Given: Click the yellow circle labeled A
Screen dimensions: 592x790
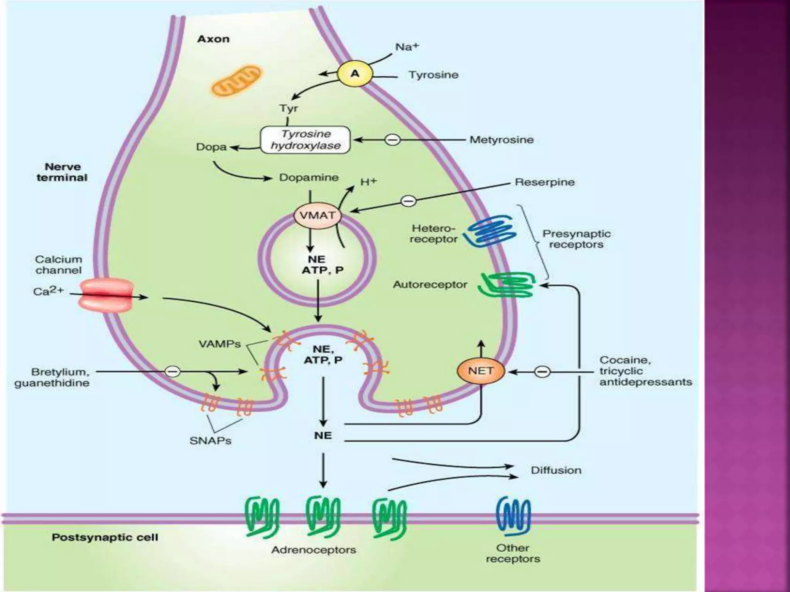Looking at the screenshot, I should point(354,73).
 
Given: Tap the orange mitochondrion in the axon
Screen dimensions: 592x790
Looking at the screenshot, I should point(236,81).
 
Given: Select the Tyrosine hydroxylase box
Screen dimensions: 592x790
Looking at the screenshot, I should point(306,140).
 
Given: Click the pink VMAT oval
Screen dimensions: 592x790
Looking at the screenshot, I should point(317,215).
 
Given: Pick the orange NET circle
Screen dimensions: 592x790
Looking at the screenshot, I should point(481,371).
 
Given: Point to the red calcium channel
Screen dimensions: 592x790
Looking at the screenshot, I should point(106,295).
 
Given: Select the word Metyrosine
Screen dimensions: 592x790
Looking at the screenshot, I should point(501,140).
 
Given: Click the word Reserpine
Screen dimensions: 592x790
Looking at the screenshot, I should point(545,182).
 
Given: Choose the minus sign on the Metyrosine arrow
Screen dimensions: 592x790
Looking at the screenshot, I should point(393,139).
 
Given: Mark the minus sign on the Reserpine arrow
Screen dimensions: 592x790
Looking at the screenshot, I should point(409,201).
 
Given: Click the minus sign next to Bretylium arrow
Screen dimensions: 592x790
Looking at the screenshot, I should point(172,372).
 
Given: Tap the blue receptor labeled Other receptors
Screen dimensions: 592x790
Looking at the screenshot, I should point(513,516).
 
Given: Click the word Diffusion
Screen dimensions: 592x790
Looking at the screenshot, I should point(556,470).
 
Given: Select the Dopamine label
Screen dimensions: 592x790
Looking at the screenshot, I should point(309,177).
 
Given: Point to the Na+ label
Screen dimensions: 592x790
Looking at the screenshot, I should point(407,47).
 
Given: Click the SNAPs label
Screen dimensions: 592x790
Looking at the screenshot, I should point(210,441).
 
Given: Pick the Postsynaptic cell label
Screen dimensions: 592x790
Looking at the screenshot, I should point(105,537).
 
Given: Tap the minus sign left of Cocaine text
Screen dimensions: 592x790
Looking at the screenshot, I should point(542,372).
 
